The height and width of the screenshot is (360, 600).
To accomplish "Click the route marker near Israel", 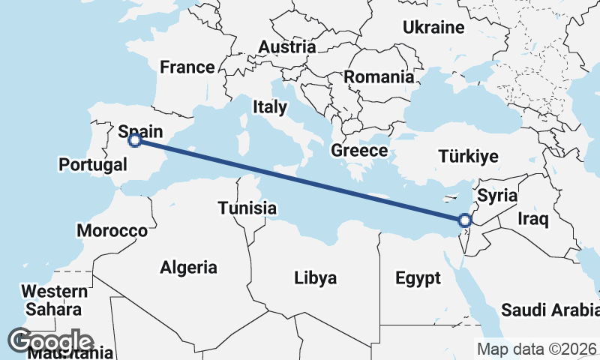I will [465, 220].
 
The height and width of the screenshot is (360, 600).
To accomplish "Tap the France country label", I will [187, 67].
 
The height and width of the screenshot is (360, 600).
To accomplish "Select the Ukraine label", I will [433, 28].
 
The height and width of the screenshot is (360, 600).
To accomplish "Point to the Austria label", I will [287, 47].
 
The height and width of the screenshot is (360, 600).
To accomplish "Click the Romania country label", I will [379, 76].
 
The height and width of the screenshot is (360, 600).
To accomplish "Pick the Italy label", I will [269, 106].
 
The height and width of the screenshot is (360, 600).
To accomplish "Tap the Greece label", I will [359, 150].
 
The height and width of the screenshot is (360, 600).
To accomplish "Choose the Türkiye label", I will [469, 157].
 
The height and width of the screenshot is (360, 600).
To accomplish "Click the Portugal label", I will [92, 164].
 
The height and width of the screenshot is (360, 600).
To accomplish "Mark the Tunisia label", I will [247, 208].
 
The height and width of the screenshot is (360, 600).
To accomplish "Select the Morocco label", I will [112, 230].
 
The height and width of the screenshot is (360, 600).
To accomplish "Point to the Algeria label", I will [189, 267].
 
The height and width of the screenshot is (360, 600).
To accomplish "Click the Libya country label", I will [315, 278].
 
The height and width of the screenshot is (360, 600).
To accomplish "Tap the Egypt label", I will [418, 279].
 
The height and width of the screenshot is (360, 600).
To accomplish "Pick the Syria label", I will [498, 196].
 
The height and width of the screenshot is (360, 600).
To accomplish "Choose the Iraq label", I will [534, 219].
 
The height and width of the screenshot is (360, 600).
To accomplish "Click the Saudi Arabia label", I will [550, 310].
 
